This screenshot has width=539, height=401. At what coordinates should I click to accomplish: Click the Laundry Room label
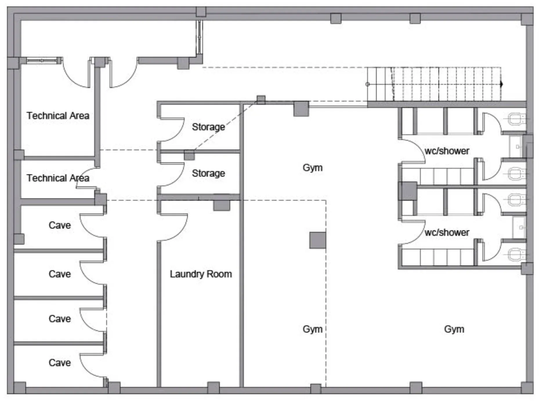tap(201, 274)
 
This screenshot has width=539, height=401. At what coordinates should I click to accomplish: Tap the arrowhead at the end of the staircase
tap(502, 84)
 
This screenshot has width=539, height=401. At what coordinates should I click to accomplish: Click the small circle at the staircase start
tap(368, 84)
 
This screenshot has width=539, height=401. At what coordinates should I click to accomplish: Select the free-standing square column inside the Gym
tap(318, 240)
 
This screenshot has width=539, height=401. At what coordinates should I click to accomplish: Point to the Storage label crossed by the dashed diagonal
tap(208, 127)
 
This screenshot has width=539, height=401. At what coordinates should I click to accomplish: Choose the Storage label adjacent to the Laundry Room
tap(208, 173)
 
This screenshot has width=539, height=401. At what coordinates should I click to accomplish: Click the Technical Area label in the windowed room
tap(58, 116)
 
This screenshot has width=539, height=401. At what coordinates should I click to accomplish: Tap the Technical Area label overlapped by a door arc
tap(58, 178)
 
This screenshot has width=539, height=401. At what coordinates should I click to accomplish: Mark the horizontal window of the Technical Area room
tap(42, 61)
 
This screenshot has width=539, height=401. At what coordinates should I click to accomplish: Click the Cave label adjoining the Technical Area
tap(60, 225)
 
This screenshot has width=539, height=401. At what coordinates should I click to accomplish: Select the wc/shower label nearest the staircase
tap(447, 151)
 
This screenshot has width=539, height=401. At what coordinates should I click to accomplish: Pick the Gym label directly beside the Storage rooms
tap(312, 167)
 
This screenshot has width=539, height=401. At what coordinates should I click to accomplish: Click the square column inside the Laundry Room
tap(222, 205)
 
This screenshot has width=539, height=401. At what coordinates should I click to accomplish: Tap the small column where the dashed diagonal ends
tap(261, 100)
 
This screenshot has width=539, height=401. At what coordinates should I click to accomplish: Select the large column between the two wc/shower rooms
tap(408, 191)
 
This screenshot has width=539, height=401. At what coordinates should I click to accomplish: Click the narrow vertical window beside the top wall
tap(199, 37)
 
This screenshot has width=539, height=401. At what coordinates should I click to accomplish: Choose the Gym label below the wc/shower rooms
tap(454, 329)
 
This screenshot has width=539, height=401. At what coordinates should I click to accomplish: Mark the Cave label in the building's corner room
tap(60, 362)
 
